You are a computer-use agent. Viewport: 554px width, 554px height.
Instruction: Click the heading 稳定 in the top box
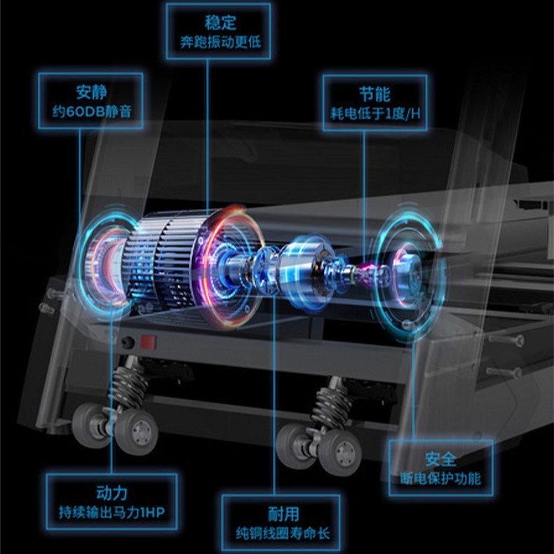pyautogui.click(x=220, y=22)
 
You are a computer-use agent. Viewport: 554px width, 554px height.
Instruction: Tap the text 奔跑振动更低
pyautogui.click(x=220, y=42)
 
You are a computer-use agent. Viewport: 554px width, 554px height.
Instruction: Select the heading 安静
pyautogui.click(x=91, y=92)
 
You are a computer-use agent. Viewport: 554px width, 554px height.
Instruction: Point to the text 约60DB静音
pyautogui.click(x=92, y=112)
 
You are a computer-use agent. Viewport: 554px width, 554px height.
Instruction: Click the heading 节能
pyautogui.click(x=375, y=95)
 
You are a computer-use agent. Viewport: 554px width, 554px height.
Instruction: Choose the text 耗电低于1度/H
pyautogui.click(x=375, y=114)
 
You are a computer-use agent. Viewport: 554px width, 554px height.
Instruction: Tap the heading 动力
pyautogui.click(x=112, y=493)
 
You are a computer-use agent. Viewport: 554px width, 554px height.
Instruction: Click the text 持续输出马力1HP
pyautogui.click(x=112, y=513)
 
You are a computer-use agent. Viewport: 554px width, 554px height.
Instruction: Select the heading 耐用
pyautogui.click(x=283, y=514)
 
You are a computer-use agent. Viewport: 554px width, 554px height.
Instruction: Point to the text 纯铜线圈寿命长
pyautogui.click(x=283, y=534)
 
